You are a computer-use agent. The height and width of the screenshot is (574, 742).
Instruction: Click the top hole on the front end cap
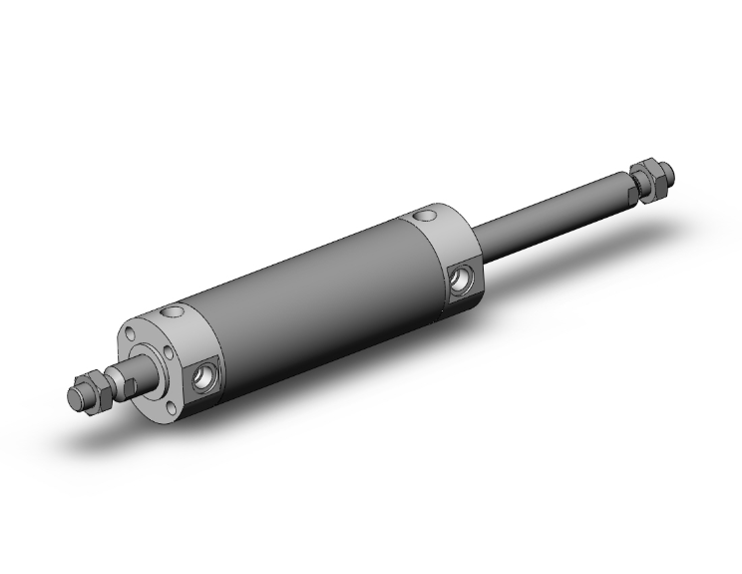pos(175,312)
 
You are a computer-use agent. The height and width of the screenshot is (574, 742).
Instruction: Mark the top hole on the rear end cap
pos(429,215)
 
